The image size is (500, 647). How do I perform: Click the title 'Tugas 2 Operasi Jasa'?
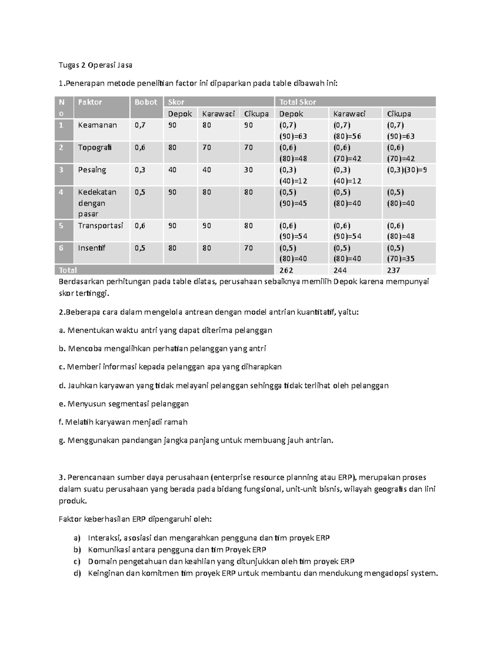[x=95, y=65]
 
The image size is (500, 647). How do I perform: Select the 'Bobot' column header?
[x=145, y=102]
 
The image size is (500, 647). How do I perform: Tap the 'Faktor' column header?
[x=90, y=102]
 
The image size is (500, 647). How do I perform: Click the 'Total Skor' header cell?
[x=297, y=102]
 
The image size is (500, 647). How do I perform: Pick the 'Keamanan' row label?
[x=97, y=125]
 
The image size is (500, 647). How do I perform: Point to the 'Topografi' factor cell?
[x=95, y=147]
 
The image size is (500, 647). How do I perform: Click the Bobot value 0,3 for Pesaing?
[x=140, y=170]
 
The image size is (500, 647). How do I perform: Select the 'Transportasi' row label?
[x=100, y=225]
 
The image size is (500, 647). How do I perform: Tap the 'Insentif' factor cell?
[x=92, y=248]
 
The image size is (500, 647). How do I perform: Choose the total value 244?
[x=340, y=270]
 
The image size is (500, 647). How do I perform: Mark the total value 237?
[x=394, y=270]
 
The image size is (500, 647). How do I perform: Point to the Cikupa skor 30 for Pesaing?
[x=248, y=170]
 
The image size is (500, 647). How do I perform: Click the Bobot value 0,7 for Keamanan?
[x=140, y=125]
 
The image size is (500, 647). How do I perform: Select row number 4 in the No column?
[x=61, y=192]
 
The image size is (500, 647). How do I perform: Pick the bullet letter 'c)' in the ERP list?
[x=77, y=562]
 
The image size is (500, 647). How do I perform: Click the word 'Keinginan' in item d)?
[x=105, y=573]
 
